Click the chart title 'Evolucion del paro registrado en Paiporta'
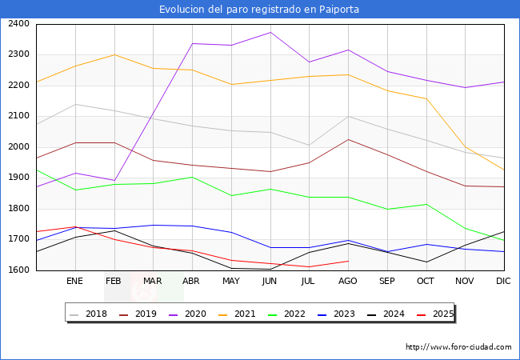pyautogui.click(x=259, y=10)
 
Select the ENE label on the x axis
pyautogui.click(x=74, y=282)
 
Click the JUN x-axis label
pyautogui.click(x=270, y=282)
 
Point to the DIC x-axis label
pyautogui.click(x=503, y=282)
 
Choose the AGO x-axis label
pyautogui.click(x=348, y=282)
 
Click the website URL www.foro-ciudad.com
pyautogui.click(x=458, y=347)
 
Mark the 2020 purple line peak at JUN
pyautogui.click(x=270, y=33)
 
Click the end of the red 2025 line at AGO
pyautogui.click(x=348, y=261)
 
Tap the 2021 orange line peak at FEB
pyautogui.click(x=114, y=54)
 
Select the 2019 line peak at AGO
pyautogui.click(x=348, y=139)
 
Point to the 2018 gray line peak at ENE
pyautogui.click(x=75, y=104)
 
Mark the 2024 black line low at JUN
pyautogui.click(x=270, y=269)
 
